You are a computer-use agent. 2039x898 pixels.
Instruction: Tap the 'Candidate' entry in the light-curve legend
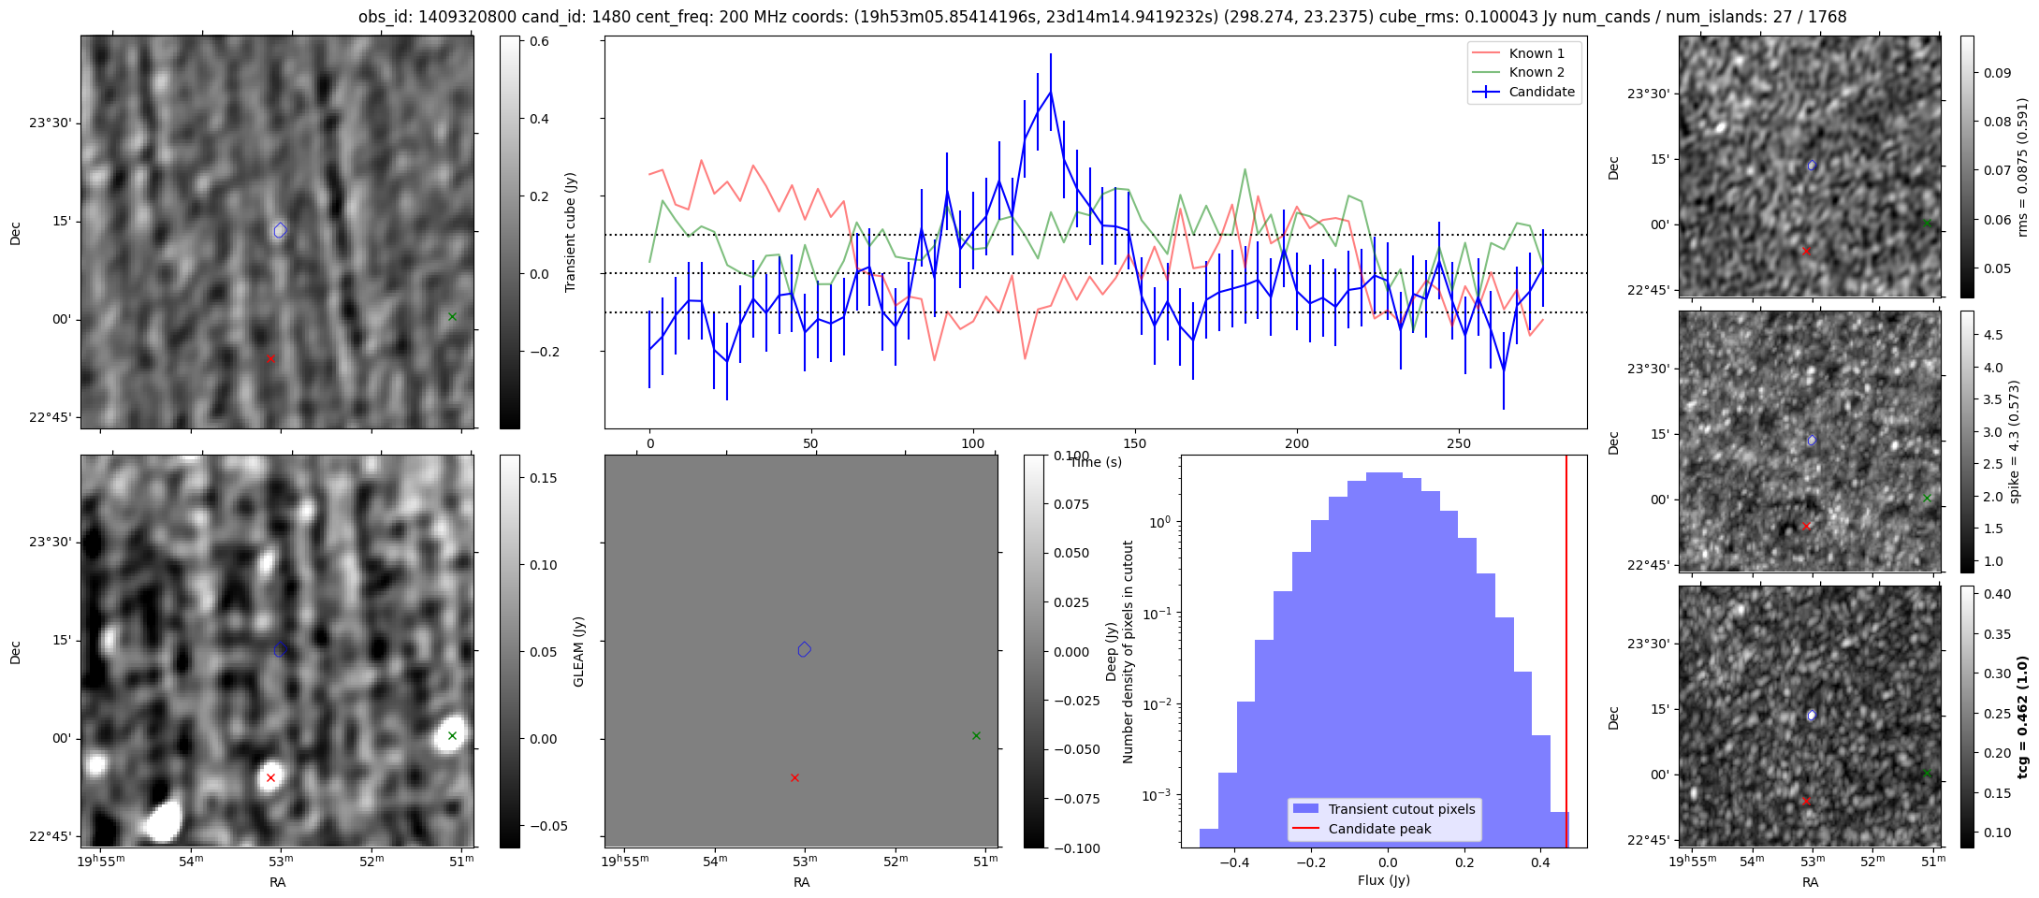pos(1541,92)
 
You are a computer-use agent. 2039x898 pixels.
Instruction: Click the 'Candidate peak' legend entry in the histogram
pos(1379,829)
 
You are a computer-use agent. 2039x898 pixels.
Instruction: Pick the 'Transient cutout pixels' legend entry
pos(1401,809)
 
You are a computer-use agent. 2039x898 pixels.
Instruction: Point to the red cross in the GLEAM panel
pos(794,777)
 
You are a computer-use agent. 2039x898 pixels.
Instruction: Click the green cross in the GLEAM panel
pos(976,735)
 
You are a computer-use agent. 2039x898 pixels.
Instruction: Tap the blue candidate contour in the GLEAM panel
pos(804,649)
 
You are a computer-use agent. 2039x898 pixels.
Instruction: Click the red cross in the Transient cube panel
pos(270,358)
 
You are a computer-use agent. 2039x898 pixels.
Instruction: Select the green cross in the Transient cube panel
pos(452,316)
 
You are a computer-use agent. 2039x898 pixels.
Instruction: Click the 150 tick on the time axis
pos(1135,443)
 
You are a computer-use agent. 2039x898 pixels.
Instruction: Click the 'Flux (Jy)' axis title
pos(1383,880)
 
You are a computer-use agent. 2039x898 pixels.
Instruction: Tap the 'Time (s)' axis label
pos(1096,462)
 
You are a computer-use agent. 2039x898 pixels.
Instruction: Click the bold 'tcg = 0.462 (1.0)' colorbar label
pos(2022,717)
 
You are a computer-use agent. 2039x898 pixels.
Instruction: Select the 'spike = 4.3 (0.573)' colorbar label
pos(2015,442)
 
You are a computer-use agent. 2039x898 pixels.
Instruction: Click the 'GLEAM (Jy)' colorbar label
pos(578,652)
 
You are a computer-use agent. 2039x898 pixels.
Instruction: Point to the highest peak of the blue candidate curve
pos(1051,91)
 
